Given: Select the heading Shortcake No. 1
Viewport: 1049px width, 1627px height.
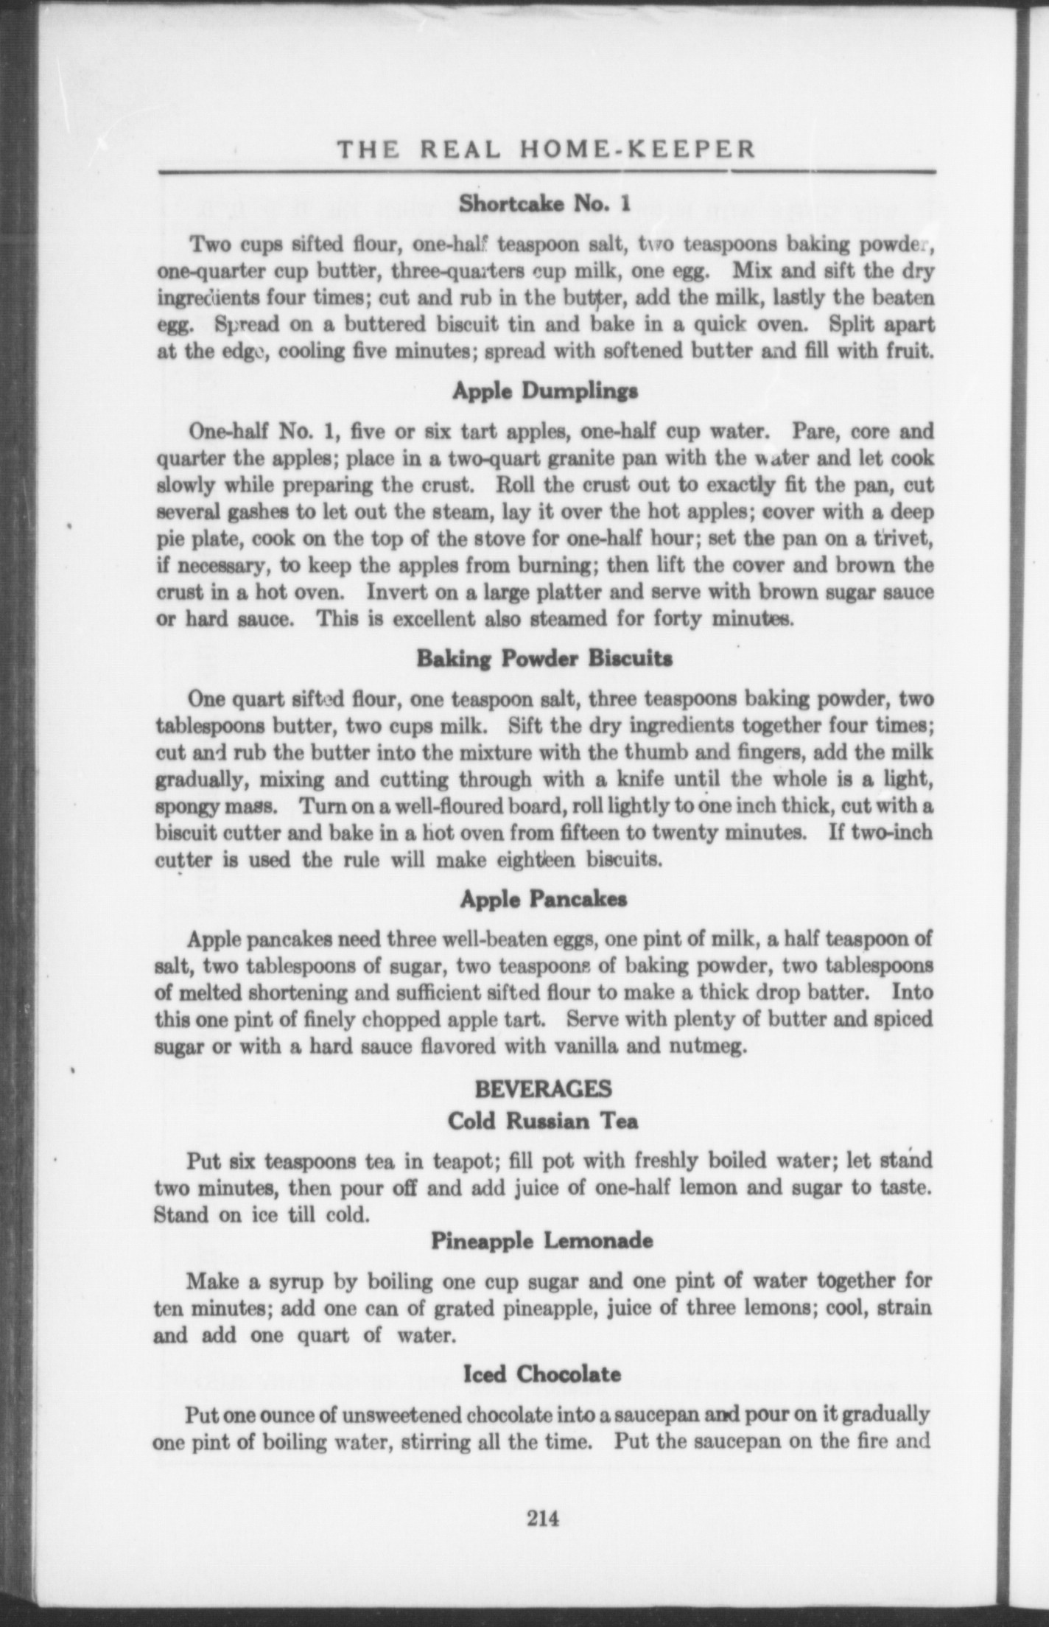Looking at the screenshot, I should click(544, 203).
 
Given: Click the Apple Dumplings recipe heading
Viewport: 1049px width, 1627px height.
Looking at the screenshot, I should click(544, 391).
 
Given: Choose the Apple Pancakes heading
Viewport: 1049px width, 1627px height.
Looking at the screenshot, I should click(544, 899).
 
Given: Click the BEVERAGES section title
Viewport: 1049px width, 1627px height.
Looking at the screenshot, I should click(544, 1088).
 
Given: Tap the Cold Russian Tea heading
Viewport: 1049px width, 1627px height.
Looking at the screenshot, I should click(544, 1121).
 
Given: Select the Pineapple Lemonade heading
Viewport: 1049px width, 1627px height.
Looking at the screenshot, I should click(543, 1241).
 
